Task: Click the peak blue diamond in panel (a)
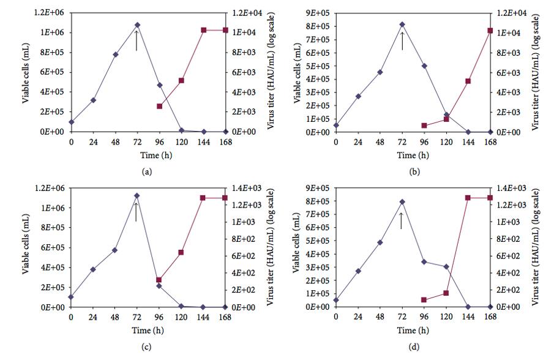click(x=137, y=25)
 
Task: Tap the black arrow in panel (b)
click(x=402, y=40)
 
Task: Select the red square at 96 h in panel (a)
click(x=159, y=106)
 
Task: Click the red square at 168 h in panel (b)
click(x=490, y=31)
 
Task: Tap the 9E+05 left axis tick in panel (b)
click(x=321, y=12)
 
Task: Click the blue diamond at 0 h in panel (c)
click(x=71, y=297)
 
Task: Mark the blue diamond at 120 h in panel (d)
click(x=446, y=267)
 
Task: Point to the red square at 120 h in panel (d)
click(x=446, y=293)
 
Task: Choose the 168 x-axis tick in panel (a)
click(x=226, y=142)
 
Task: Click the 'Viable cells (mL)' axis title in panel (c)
click(x=27, y=246)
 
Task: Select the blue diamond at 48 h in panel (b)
click(x=380, y=72)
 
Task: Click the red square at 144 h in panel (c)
click(x=203, y=198)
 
